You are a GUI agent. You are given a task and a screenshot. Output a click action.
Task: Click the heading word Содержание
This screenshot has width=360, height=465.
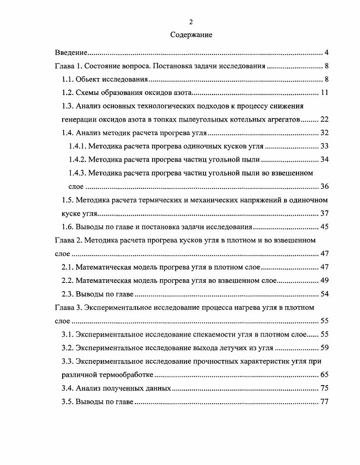[x=191, y=35]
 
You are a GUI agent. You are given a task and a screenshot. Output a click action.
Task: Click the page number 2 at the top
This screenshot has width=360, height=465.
[x=191, y=22]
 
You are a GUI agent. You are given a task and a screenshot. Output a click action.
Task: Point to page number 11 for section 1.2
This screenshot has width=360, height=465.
[x=324, y=93]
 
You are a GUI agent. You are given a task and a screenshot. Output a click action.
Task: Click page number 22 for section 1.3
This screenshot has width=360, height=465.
[x=324, y=120]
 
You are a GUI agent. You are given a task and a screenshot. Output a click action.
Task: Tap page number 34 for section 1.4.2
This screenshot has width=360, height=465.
[x=324, y=159]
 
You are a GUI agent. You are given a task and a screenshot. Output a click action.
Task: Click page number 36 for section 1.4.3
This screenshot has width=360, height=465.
[x=324, y=187]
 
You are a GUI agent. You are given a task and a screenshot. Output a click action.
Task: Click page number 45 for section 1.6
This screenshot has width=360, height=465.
[x=324, y=227]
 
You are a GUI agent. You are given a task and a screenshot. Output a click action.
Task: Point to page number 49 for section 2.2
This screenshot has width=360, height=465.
[x=324, y=281]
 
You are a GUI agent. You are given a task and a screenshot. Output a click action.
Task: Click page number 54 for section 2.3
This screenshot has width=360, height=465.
[x=324, y=294]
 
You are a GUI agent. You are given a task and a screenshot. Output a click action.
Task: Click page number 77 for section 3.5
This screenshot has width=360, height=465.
[x=324, y=402]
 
